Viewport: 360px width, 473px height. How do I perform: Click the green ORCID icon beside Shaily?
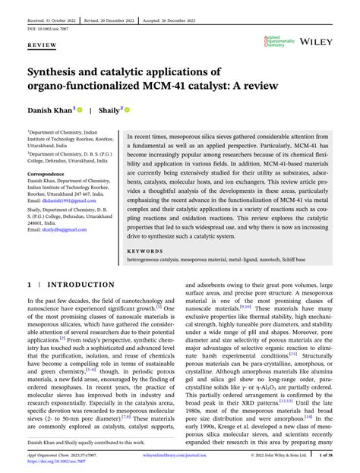(127, 109)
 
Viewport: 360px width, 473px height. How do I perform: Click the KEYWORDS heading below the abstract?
(146, 250)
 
